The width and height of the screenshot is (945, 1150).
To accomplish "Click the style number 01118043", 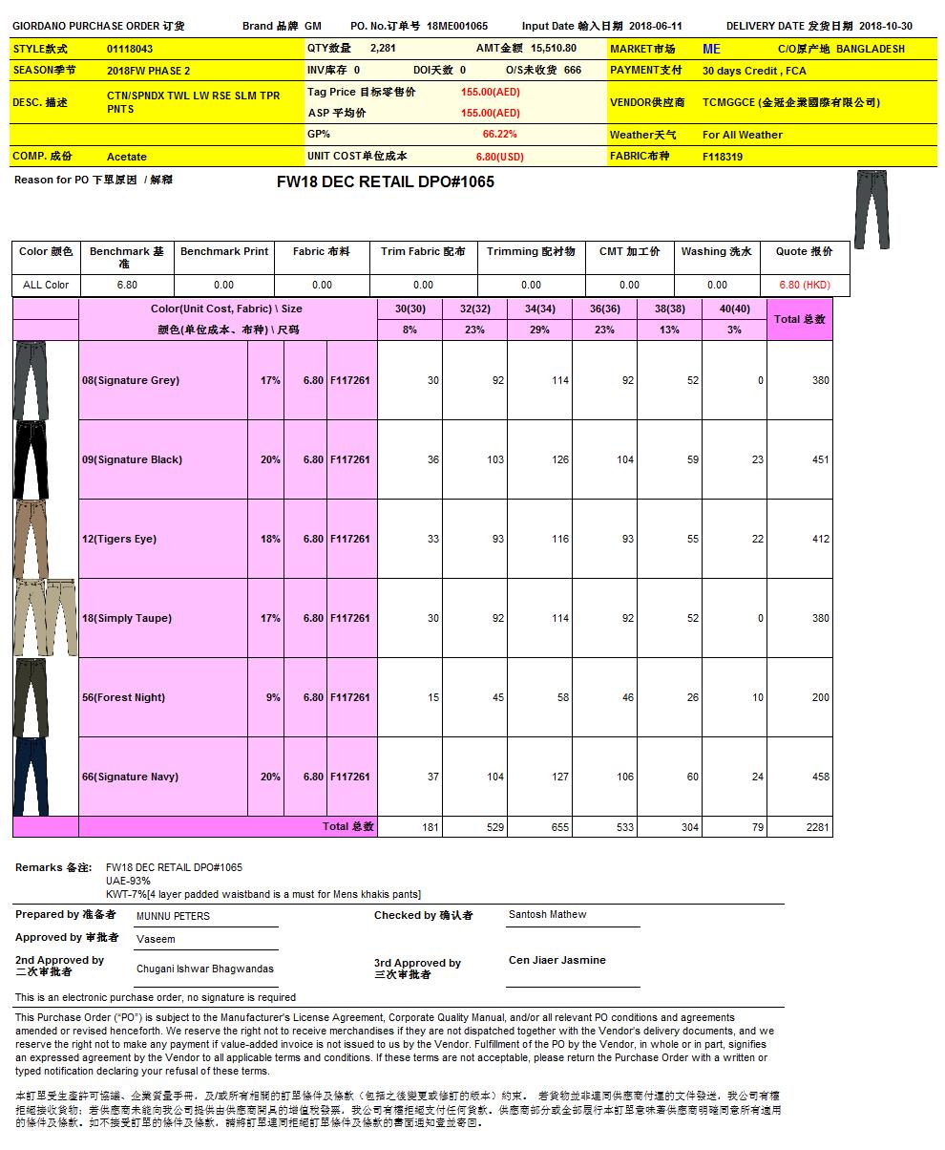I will [130, 49].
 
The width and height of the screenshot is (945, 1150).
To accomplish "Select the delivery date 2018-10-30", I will [886, 27].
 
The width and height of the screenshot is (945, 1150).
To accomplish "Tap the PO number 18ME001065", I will [457, 27].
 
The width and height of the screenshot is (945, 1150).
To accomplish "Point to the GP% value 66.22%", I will [499, 135].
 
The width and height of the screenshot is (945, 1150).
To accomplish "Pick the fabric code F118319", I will [723, 157].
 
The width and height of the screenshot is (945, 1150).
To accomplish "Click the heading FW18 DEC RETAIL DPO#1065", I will [386, 181].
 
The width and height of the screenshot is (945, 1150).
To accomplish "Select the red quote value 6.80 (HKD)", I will [804, 285].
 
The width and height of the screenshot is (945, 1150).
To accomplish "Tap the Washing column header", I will [716, 251].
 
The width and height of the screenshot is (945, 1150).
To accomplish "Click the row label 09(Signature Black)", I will [132, 459].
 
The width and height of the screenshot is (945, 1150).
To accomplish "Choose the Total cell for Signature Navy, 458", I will [820, 777].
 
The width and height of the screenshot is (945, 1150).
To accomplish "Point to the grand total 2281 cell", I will [817, 827].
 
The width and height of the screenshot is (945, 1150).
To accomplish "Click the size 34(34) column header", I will [539, 309].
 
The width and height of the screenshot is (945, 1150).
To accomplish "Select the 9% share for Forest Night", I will [273, 697].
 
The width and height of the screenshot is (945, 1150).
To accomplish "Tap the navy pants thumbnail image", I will [31, 776].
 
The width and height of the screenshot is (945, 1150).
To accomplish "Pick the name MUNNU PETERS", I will [173, 916].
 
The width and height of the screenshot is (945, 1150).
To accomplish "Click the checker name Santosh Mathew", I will [547, 914].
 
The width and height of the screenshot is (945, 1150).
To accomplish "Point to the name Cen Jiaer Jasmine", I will [556, 960].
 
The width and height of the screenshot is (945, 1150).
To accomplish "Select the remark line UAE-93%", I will [128, 881].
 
